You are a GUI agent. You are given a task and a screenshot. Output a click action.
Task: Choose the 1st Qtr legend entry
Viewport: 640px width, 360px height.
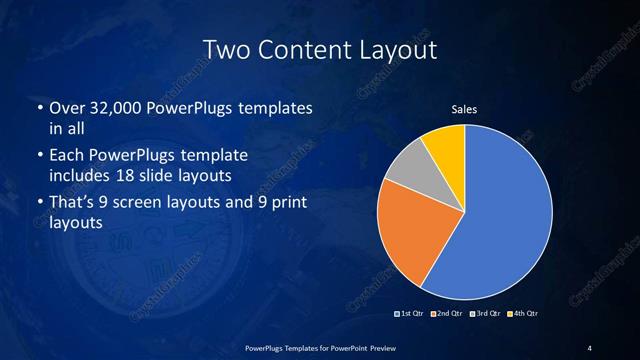point(410,314)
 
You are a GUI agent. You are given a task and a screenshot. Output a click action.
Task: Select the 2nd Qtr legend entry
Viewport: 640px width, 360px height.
point(446,314)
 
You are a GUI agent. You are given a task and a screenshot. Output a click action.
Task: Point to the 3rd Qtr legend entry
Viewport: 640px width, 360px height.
point(484,314)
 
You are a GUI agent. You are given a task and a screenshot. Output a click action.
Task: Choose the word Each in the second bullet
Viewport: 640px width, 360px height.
point(68,157)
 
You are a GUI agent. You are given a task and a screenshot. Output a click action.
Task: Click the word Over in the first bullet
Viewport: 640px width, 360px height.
point(68,108)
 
